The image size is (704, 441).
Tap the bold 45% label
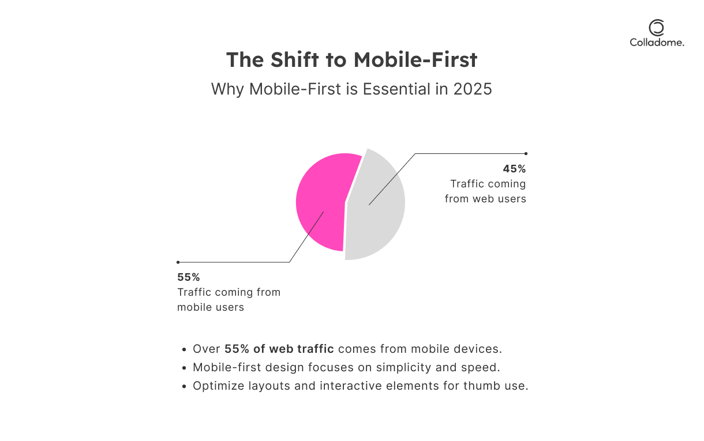[514, 169]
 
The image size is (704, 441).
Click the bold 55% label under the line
[189, 277]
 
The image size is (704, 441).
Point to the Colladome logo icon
[657, 28]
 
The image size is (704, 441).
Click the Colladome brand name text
[657, 42]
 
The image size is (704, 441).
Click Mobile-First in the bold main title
[415, 60]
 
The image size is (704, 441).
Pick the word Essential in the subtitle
[397, 89]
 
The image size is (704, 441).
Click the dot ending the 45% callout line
[526, 153]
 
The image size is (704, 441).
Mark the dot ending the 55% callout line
[178, 262]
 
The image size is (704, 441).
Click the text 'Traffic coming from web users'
[486, 191]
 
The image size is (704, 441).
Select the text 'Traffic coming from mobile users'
[229, 300]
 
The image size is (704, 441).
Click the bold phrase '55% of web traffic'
[279, 349]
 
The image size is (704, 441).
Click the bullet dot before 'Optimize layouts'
[184, 386]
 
